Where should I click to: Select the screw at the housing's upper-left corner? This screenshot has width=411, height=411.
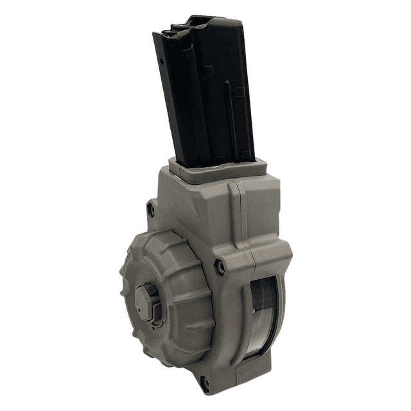coord(152,209)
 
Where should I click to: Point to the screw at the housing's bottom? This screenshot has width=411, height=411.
coord(204,385)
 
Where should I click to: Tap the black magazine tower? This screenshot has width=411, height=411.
coord(205,96)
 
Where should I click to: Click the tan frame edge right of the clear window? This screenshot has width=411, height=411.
coord(283,308)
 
